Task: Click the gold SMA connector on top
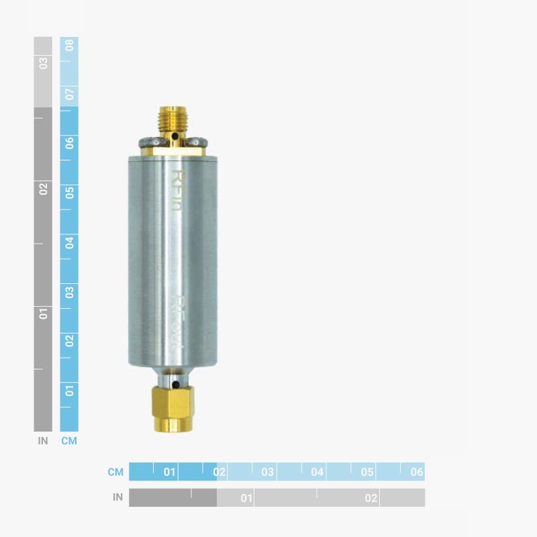169,121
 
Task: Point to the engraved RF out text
178,323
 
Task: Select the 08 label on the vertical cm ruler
69,46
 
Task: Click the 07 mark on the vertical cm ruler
69,94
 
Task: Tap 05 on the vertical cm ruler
69,193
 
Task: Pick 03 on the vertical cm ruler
69,292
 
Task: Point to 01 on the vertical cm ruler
69,391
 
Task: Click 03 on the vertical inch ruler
43,63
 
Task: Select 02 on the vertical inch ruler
43,189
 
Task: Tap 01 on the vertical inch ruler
43,313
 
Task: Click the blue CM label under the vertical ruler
69,441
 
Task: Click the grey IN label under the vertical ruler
43,441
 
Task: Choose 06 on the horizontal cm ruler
417,472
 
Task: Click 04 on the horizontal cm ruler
318,472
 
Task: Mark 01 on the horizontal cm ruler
170,472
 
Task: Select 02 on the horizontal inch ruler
371,498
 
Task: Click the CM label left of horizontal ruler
115,472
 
